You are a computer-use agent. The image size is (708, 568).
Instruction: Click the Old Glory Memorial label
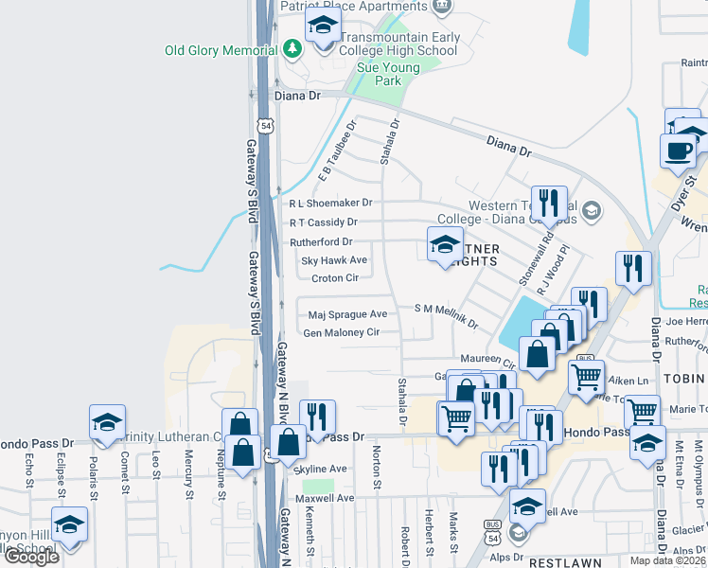coord(222,50)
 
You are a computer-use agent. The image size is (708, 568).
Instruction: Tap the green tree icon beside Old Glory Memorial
coord(292,48)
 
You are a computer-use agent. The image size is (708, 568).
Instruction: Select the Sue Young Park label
coord(380,74)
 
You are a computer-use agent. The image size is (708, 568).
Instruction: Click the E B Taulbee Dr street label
coord(337,151)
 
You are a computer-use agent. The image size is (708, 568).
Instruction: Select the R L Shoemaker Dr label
coord(331,203)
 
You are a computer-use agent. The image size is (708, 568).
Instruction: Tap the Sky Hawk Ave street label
coord(334,259)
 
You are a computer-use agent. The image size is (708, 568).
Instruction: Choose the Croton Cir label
coord(335,278)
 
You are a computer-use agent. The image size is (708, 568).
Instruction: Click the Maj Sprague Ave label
coord(348,313)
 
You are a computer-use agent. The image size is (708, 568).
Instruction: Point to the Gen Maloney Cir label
coord(341,332)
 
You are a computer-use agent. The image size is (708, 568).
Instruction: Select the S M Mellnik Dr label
coord(447,314)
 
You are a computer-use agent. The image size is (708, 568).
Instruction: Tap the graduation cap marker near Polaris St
coord(107,422)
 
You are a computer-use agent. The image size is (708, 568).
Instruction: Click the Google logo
coord(31,557)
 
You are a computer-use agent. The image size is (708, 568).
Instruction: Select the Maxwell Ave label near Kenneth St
coord(324,498)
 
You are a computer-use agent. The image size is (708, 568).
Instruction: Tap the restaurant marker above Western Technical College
coord(548,203)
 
